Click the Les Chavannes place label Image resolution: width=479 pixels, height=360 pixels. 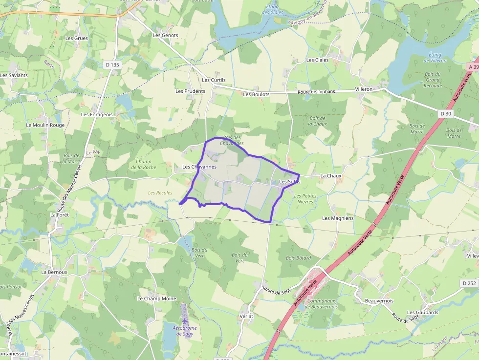(199, 167)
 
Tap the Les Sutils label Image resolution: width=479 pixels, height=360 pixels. (289, 182)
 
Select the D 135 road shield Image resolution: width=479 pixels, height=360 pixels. (112, 64)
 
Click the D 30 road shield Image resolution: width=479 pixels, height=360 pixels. (445, 113)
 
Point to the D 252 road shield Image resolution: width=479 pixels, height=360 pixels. (468, 283)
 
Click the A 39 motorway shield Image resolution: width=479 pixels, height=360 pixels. (473, 66)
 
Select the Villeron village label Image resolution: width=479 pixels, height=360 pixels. (363, 89)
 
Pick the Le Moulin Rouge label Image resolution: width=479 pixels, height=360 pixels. (45, 125)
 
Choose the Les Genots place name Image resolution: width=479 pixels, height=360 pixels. (165, 35)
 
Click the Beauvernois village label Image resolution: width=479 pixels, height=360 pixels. (379, 301)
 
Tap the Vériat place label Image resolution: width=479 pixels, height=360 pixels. (247, 317)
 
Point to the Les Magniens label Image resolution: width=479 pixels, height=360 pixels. (338, 218)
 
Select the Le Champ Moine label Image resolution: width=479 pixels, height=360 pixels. (156, 298)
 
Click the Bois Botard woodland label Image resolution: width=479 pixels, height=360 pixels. (298, 258)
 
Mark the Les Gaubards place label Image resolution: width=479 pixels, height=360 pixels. (422, 313)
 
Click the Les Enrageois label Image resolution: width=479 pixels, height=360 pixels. (97, 115)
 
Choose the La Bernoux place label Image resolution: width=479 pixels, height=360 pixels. (54, 272)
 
